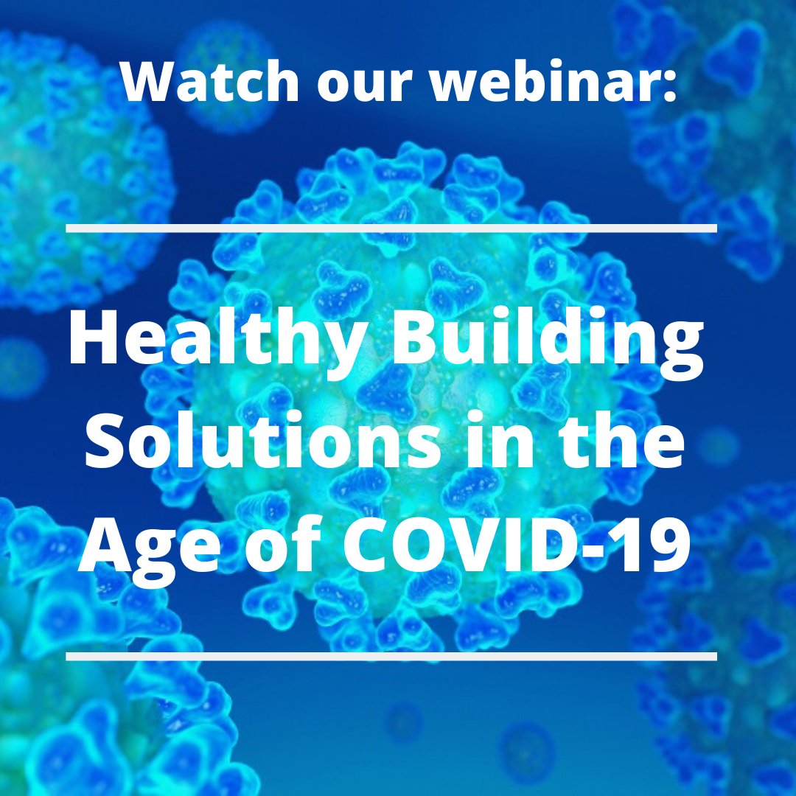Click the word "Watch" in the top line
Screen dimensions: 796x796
[209, 81]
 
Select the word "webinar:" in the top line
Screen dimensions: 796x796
[554, 81]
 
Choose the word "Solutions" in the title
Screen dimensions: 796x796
[262, 439]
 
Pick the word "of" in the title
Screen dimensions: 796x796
[284, 544]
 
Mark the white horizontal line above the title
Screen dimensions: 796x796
[391, 228]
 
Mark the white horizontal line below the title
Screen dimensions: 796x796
[391, 657]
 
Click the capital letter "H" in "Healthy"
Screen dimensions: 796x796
[94, 337]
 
